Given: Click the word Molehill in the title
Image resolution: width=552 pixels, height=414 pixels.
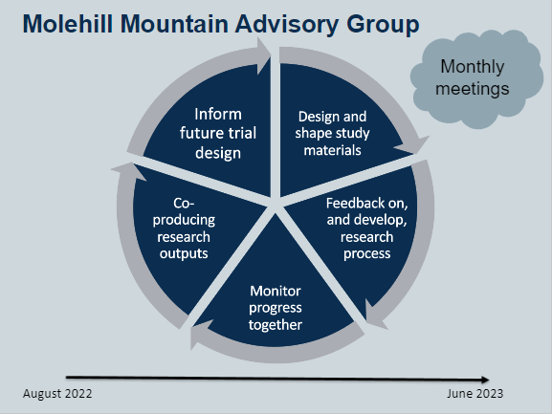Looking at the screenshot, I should [x=69, y=24].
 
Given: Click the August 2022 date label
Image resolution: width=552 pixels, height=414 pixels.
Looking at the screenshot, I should [x=57, y=394].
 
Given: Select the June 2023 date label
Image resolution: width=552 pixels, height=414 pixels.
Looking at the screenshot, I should [x=475, y=394].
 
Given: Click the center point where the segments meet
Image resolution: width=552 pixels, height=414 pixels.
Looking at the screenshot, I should [x=276, y=202].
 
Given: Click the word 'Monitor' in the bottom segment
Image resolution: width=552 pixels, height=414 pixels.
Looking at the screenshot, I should [x=276, y=291].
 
